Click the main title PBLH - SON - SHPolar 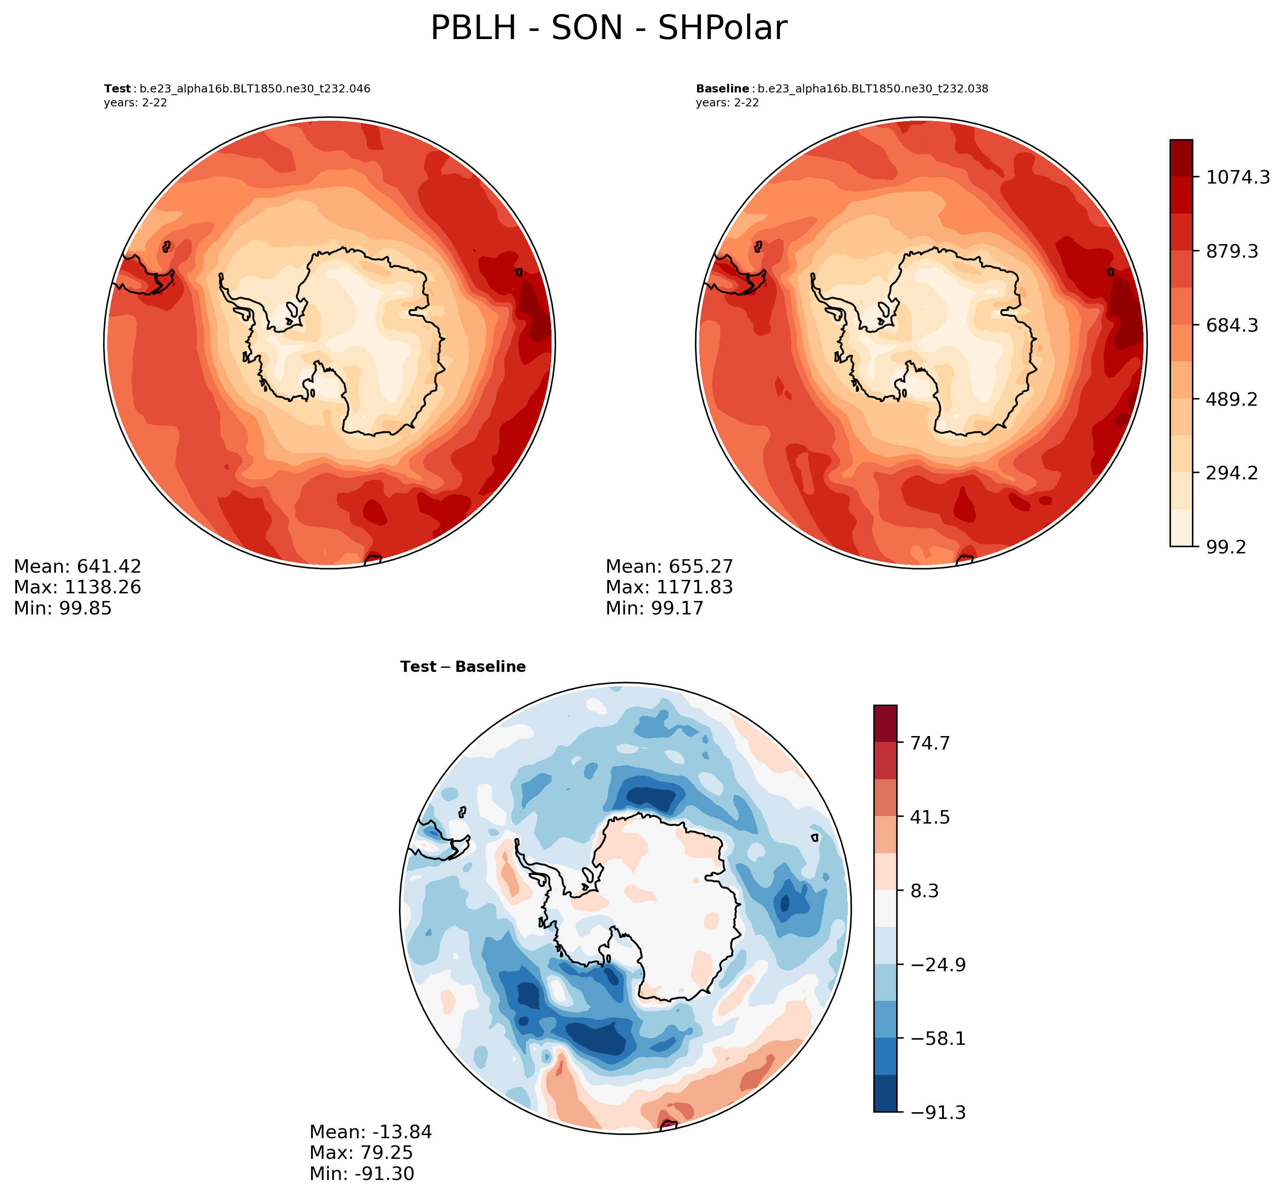pyautogui.click(x=609, y=28)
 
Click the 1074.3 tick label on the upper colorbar pyautogui.click(x=1237, y=177)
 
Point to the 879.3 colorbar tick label pyautogui.click(x=1231, y=251)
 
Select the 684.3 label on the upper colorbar pyautogui.click(x=1231, y=325)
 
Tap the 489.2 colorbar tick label pyautogui.click(x=1231, y=399)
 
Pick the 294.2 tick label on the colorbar pyautogui.click(x=1231, y=474)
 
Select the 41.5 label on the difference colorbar pyautogui.click(x=929, y=817)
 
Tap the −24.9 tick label pyautogui.click(x=938, y=965)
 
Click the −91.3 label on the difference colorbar pyautogui.click(x=938, y=1113)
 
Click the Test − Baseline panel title pyautogui.click(x=462, y=666)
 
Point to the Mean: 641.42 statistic pyautogui.click(x=78, y=566)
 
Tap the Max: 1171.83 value pyautogui.click(x=669, y=587)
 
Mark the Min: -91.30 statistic pyautogui.click(x=362, y=1173)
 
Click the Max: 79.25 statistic pyautogui.click(x=361, y=1153)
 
